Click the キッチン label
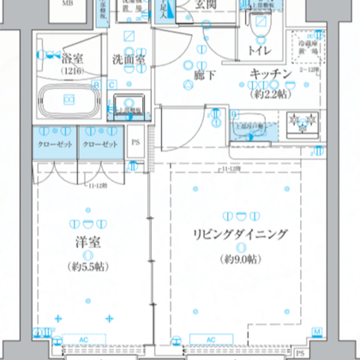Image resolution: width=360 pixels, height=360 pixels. tap(273, 76)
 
